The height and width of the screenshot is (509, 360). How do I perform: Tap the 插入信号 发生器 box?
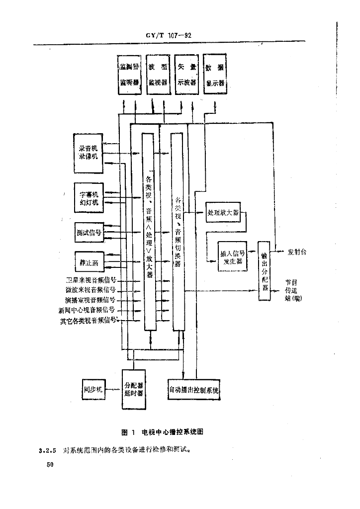(233, 256)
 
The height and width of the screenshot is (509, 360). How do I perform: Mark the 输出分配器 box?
(265, 271)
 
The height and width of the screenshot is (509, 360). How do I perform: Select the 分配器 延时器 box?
(134, 388)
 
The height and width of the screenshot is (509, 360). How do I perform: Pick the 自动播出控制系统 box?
(193, 390)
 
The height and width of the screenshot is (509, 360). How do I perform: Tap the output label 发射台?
(297, 252)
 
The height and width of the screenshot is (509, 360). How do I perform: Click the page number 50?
(49, 465)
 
